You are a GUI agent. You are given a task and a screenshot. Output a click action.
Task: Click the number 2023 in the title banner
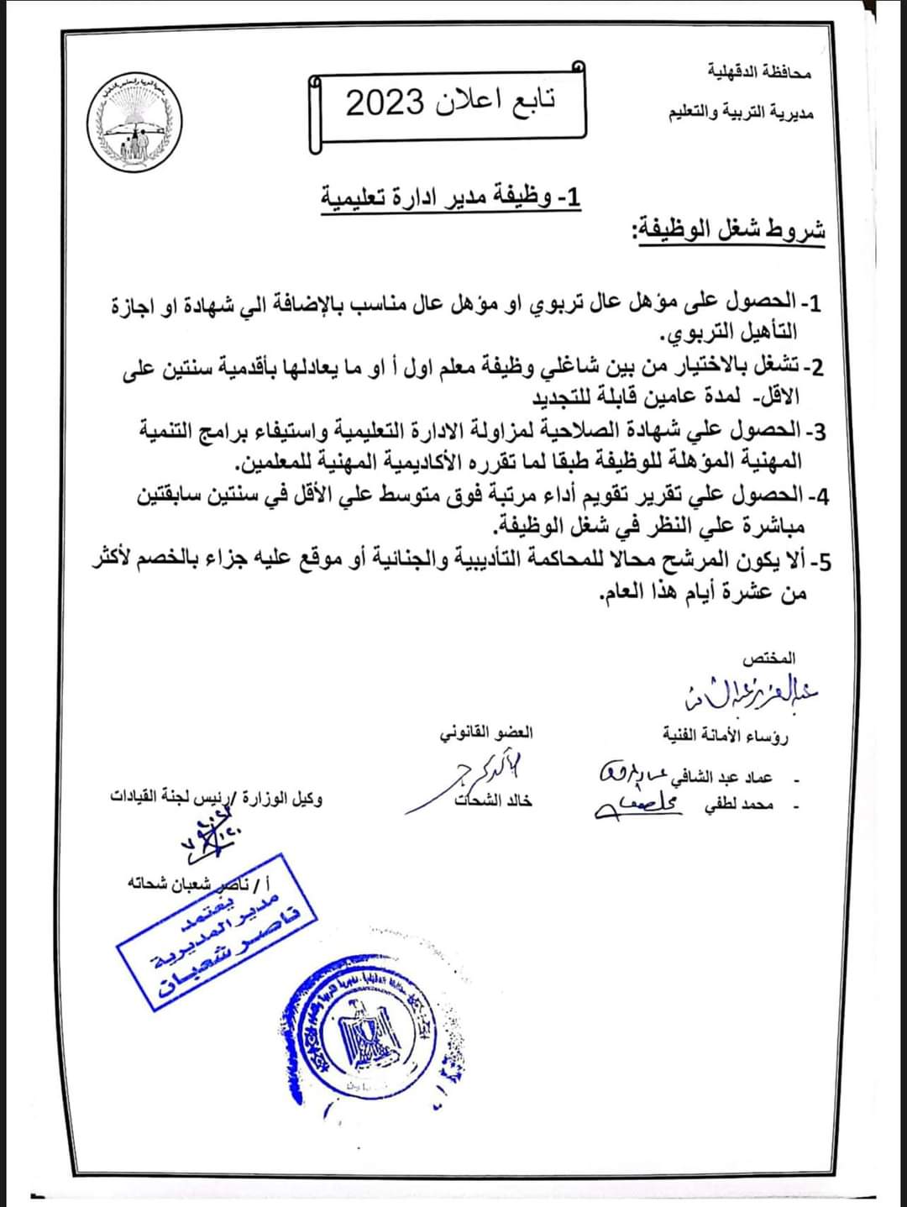[385, 102]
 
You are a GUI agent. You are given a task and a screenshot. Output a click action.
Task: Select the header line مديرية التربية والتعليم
[740, 113]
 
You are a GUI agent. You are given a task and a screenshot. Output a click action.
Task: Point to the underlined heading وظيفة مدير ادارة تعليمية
[451, 198]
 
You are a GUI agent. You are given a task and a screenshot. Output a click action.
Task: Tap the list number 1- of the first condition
[813, 302]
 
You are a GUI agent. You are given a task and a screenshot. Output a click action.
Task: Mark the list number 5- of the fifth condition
[819, 562]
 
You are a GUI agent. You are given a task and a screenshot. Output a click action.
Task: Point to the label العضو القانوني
[486, 732]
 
